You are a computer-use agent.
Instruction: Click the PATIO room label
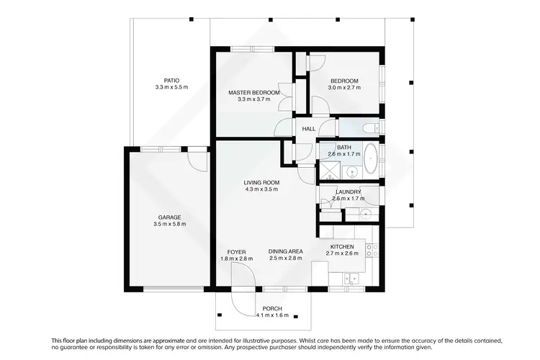coord(171,81)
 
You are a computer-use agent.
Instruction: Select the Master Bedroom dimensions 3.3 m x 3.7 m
coord(253,99)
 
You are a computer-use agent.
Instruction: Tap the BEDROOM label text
coord(344,81)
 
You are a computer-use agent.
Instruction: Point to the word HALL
coord(309,129)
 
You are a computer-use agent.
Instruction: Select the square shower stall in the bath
coord(328,171)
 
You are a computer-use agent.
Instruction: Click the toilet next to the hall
coord(369,129)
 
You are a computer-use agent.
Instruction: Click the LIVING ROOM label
coord(261,182)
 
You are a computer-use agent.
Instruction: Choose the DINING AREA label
coord(285,251)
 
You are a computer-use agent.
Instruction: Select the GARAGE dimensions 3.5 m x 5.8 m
coord(170,224)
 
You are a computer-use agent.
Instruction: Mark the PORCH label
coord(272,308)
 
